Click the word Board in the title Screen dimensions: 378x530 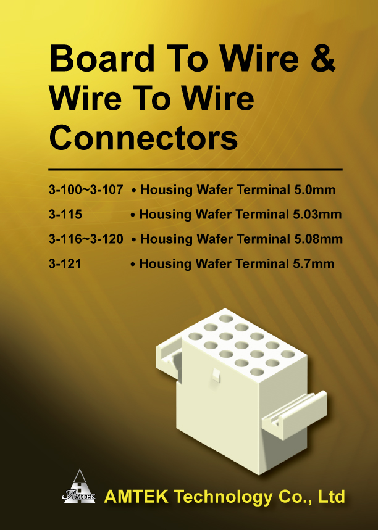102,59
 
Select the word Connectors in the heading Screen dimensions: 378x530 143,138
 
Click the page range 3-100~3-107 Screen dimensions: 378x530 86,189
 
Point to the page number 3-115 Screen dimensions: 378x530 65,214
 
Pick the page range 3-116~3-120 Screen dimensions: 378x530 86,239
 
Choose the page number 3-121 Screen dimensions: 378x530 65,263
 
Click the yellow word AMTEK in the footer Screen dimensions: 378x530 136,496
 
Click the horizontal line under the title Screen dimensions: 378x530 195,169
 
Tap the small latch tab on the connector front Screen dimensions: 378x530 216,375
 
